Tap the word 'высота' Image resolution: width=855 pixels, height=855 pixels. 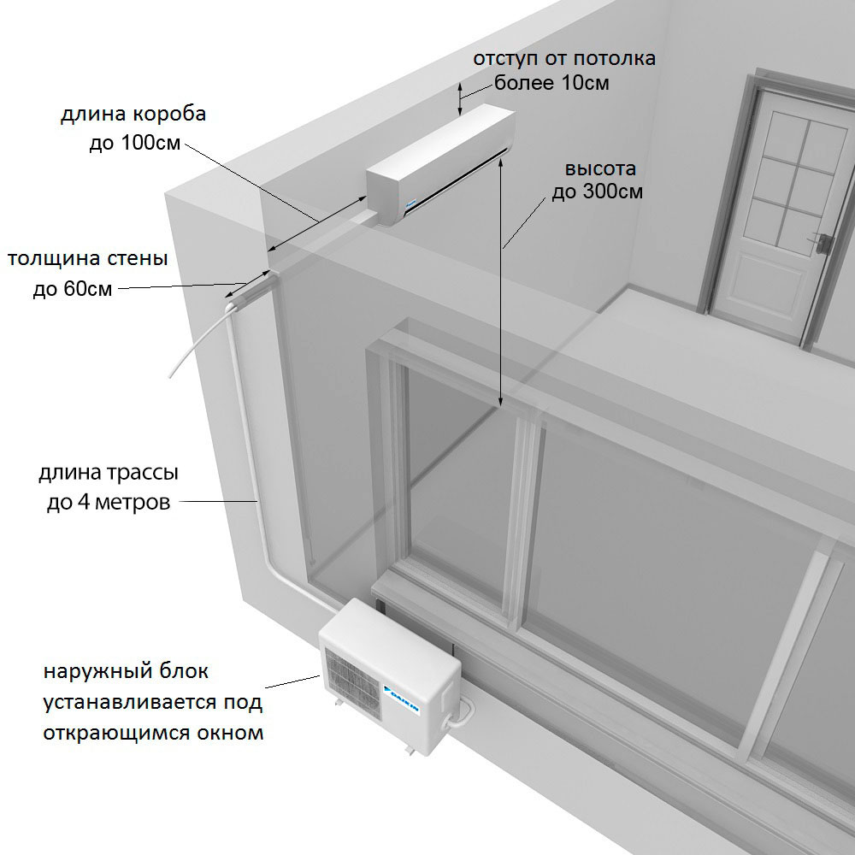[x=595, y=168]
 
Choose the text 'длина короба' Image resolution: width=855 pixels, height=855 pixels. [x=133, y=115]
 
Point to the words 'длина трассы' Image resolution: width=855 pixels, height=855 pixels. [x=109, y=474]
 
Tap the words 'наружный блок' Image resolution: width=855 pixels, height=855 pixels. [x=126, y=672]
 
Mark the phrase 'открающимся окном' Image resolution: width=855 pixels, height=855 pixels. [x=154, y=733]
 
